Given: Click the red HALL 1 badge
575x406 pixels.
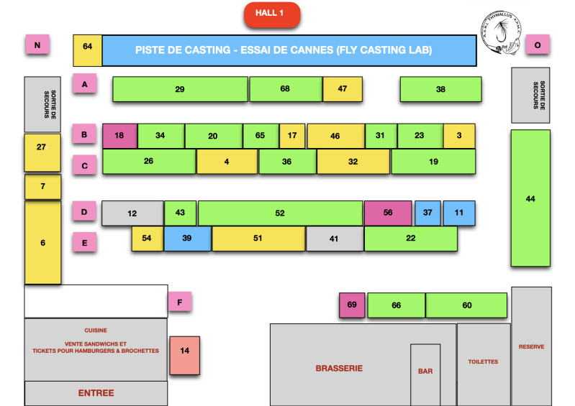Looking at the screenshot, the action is point(272,14).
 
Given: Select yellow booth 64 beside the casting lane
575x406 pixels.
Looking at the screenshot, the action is point(88,50).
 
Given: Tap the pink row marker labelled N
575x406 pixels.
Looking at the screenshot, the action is point(37,45).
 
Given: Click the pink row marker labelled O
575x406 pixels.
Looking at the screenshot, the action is point(537,45).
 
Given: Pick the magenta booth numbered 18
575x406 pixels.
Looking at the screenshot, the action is point(119,136).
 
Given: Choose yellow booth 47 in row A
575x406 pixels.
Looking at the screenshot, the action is point(342,89).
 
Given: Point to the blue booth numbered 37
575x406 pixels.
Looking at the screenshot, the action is point(427,213).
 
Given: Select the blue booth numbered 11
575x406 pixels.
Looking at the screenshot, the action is point(459,213).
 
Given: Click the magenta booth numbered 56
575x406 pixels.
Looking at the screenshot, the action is point(388,213).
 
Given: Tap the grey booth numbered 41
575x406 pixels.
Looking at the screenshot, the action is point(334,239).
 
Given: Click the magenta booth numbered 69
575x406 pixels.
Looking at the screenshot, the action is point(352,305).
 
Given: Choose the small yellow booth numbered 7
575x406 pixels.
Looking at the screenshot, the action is point(42,187).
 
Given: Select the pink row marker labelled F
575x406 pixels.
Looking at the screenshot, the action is point(180,302).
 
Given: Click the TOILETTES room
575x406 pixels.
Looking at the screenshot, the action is point(484,363).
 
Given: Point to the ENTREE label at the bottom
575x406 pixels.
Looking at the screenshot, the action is point(96,393).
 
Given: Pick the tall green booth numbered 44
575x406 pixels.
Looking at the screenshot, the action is point(530,198).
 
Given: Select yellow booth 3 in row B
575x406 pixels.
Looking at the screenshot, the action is point(459,136).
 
